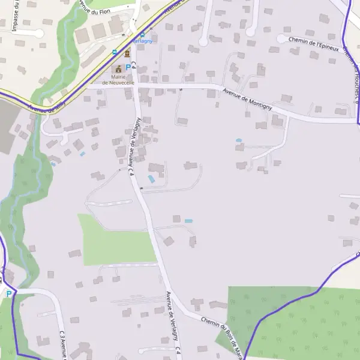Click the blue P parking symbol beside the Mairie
(128, 67)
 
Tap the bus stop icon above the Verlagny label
(142, 35)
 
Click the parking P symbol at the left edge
(8, 294)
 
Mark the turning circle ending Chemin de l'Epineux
(281, 38)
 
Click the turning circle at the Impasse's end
(40, 34)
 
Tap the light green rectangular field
(114, 240)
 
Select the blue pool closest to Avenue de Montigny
(239, 140)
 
